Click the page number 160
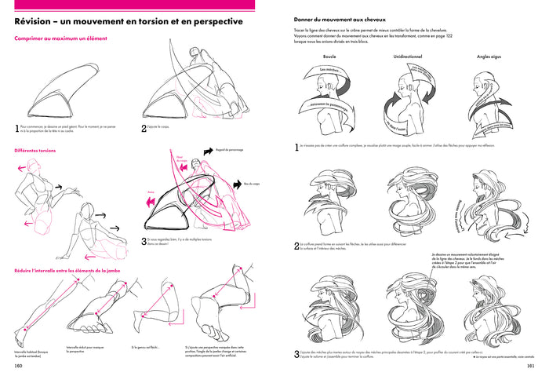pyautogui.click(x=18, y=366)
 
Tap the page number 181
pyautogui.click(x=531, y=366)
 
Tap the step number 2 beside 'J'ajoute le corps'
pyautogui.click(x=144, y=127)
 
